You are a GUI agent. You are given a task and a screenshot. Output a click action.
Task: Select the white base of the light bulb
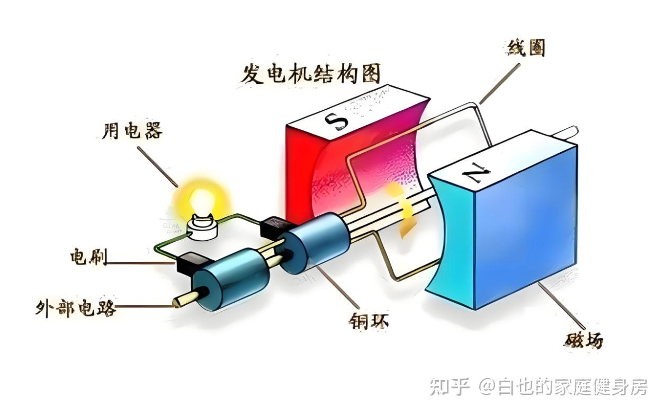tap(202, 232)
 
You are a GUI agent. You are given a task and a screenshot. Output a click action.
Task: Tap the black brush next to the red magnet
tap(274, 227)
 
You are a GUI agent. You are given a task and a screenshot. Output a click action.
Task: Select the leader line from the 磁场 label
tap(562, 305)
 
